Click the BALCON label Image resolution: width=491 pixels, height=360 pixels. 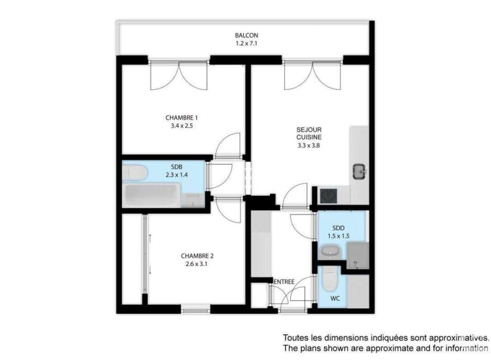247,35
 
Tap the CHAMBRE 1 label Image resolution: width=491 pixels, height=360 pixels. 182,118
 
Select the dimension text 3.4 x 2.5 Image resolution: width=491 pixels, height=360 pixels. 182,126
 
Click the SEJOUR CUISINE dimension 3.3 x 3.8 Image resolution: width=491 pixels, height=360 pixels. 309,145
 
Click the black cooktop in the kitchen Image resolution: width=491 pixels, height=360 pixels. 329,196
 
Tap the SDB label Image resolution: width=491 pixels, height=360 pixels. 177,167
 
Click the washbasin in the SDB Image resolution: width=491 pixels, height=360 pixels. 135,173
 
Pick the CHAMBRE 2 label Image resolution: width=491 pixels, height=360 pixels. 197,256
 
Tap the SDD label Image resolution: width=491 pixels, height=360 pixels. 338,228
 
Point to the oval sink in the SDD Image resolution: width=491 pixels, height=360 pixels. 331,251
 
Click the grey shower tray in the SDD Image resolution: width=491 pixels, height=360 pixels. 357,255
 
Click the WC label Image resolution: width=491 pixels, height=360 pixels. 335,298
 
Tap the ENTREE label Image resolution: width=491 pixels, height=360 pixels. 284,282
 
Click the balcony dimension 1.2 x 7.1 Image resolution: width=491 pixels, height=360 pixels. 247,44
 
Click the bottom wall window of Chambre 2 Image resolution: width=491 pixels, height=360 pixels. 195,310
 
